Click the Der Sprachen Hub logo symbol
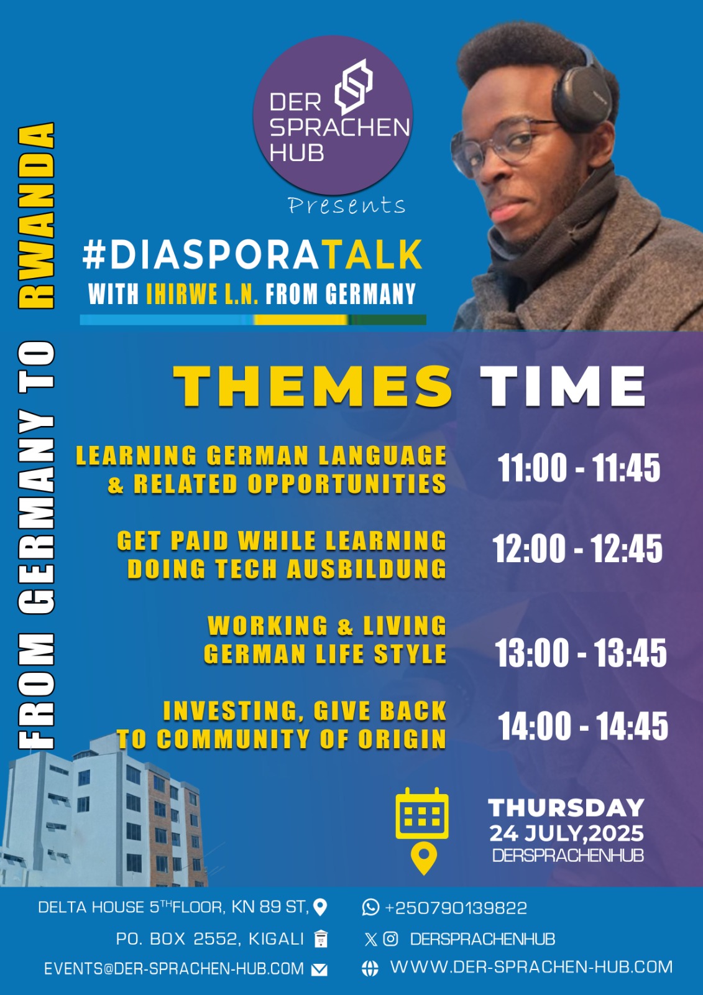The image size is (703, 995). coord(354,86)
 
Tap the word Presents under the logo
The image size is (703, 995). coord(346,205)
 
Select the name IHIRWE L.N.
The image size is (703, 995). coord(202,294)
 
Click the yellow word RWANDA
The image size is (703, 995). coord(37,215)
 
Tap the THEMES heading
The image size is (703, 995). coord(313,386)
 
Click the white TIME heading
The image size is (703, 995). coord(563,386)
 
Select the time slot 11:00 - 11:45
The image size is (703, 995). coord(579,468)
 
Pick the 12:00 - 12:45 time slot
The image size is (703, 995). coord(577,549)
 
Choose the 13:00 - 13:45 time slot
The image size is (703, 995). coord(581,653)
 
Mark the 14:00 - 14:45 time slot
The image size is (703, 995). coord(583,726)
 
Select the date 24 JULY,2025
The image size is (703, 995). coord(566,833)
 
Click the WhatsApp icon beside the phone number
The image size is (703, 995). coord(370,907)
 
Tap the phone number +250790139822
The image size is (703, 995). coord(456,908)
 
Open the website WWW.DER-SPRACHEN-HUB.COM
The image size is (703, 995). coord(531,967)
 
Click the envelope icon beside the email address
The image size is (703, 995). coord(319,969)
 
